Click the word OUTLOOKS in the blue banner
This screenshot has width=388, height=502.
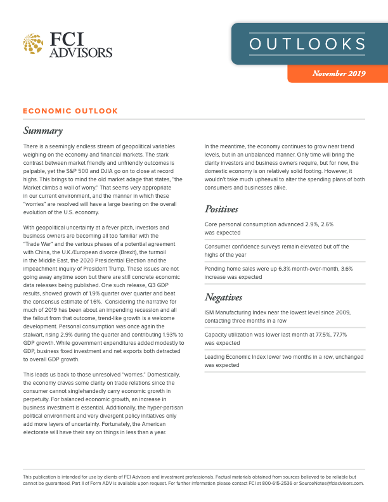tap(307, 44)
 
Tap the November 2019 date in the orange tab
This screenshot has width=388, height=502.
tap(339, 74)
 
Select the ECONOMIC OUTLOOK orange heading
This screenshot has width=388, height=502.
tap(70, 111)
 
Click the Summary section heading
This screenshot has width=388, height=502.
tap(42, 131)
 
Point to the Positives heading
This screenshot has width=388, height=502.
tap(221, 209)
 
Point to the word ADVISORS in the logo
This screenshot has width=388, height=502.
tap(81, 52)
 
